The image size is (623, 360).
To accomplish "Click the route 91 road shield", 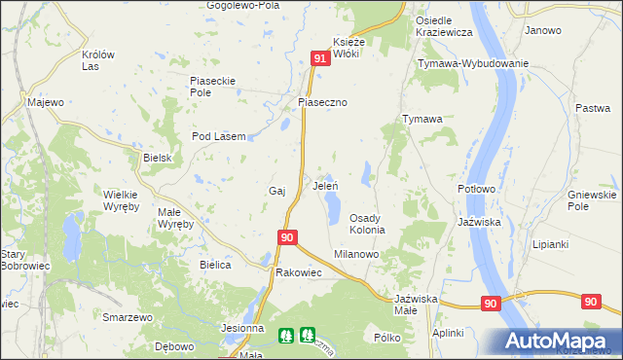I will (x=320, y=59).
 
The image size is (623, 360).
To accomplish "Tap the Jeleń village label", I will (x=324, y=185).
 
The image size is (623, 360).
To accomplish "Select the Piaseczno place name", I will (x=322, y=101).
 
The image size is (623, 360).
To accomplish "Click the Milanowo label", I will (x=356, y=253).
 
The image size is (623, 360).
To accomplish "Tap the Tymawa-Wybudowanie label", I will (x=473, y=63).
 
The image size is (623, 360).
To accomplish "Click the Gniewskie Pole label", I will (x=592, y=200).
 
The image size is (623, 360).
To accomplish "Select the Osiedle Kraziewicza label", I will (x=444, y=26).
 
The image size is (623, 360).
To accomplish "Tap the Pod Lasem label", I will (x=218, y=136).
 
